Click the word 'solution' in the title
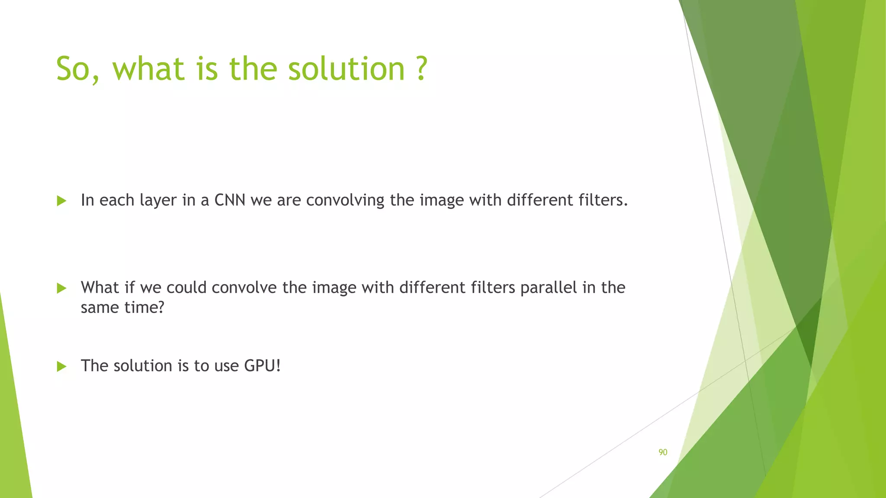pos(346,69)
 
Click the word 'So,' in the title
pos(78,69)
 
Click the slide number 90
pos(663,452)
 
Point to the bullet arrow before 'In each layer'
pos(62,201)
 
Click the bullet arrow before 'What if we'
pos(62,288)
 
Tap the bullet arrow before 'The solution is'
pos(62,367)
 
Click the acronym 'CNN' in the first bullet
pos(230,200)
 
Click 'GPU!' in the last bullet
pos(262,366)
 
